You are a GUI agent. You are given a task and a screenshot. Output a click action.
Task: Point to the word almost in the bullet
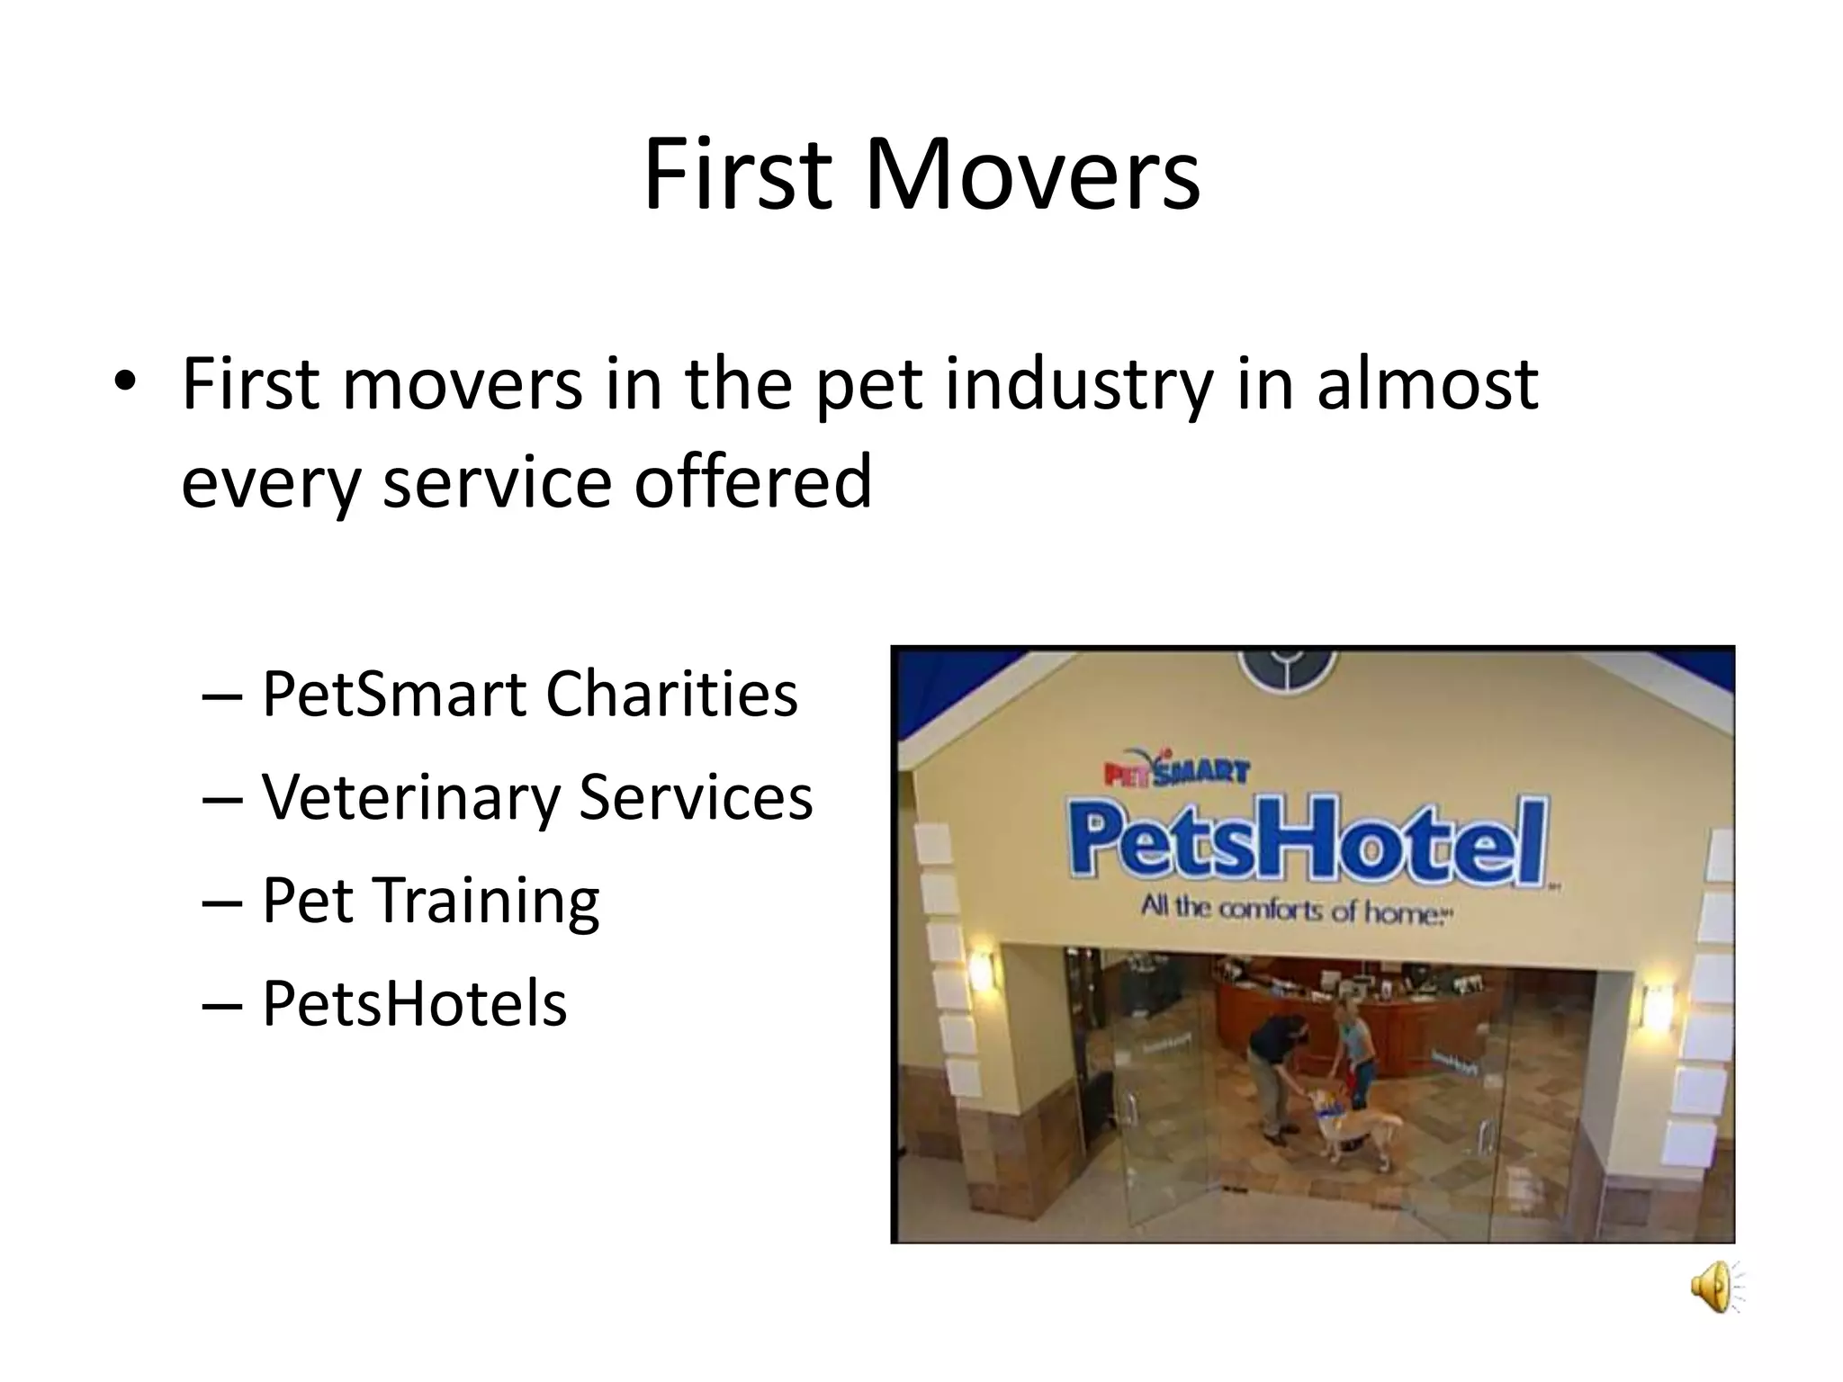[1426, 383]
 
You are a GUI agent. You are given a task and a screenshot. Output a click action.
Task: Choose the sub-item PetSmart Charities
[529, 694]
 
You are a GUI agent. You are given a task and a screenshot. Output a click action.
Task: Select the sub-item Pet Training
[430, 901]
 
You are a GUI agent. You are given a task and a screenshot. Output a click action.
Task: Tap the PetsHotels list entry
[414, 1003]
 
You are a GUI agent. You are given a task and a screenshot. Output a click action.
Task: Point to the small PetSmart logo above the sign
[1175, 771]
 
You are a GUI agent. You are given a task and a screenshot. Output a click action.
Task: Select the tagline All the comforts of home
[1296, 910]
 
